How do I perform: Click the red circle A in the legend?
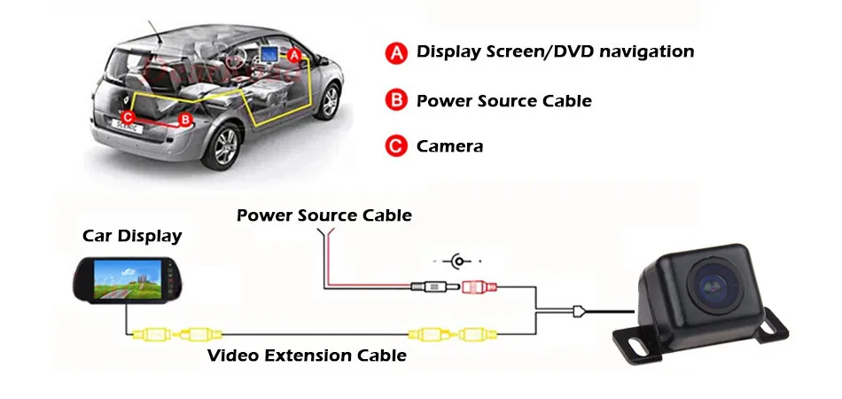coord(394,52)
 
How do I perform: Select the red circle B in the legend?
coord(394,100)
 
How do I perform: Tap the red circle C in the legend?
coord(394,145)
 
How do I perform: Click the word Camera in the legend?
coord(449,146)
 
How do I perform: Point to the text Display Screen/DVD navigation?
coord(555,51)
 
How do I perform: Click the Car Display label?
coord(132,236)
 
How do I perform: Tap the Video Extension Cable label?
coord(307,356)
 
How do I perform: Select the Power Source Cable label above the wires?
coord(324,215)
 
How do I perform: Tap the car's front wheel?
coord(329,99)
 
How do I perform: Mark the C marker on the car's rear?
coord(128,116)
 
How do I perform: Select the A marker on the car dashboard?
coord(293,54)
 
